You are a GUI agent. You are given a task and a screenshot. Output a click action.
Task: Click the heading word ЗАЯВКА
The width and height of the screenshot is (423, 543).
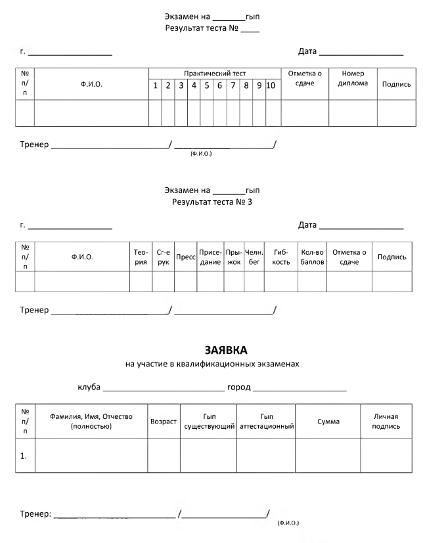click(x=226, y=350)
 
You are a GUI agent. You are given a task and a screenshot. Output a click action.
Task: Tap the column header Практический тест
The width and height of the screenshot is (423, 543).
click(x=215, y=74)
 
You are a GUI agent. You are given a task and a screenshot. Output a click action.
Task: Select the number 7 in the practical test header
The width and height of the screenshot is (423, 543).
click(x=233, y=85)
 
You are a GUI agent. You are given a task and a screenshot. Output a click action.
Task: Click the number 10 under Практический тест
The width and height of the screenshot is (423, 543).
click(x=271, y=85)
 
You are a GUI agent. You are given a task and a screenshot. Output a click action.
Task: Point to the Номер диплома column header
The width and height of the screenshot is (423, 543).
click(x=353, y=78)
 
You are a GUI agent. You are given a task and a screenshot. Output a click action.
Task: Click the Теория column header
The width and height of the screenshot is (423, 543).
click(x=141, y=257)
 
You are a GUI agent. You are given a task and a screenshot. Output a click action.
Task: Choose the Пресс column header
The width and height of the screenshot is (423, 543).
click(x=186, y=257)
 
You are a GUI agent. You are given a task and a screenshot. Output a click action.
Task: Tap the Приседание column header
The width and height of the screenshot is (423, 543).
click(x=210, y=257)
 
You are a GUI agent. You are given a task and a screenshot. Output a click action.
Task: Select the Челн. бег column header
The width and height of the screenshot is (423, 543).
click(x=254, y=257)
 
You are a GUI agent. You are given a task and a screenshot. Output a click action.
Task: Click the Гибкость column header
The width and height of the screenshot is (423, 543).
click(x=280, y=257)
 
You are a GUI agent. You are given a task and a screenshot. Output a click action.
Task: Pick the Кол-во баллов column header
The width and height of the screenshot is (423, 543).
click(x=312, y=257)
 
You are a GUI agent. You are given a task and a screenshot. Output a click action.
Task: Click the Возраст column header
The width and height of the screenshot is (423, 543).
click(x=164, y=422)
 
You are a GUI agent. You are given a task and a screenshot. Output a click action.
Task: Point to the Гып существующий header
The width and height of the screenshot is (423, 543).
click(x=210, y=421)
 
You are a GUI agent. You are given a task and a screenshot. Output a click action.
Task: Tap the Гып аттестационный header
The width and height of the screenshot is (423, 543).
click(x=267, y=421)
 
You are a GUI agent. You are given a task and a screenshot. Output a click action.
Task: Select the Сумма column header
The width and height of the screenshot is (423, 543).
click(x=328, y=422)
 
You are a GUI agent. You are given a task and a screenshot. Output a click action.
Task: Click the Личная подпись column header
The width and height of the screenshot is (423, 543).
click(x=386, y=421)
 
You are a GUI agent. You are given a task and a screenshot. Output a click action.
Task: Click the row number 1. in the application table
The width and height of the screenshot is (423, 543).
click(x=23, y=456)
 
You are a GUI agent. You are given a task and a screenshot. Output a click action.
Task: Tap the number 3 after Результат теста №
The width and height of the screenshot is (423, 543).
click(x=250, y=202)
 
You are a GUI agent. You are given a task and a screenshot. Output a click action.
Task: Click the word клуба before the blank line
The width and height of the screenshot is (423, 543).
click(x=89, y=387)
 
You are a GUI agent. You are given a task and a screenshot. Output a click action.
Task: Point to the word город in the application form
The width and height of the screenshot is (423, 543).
click(x=238, y=387)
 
